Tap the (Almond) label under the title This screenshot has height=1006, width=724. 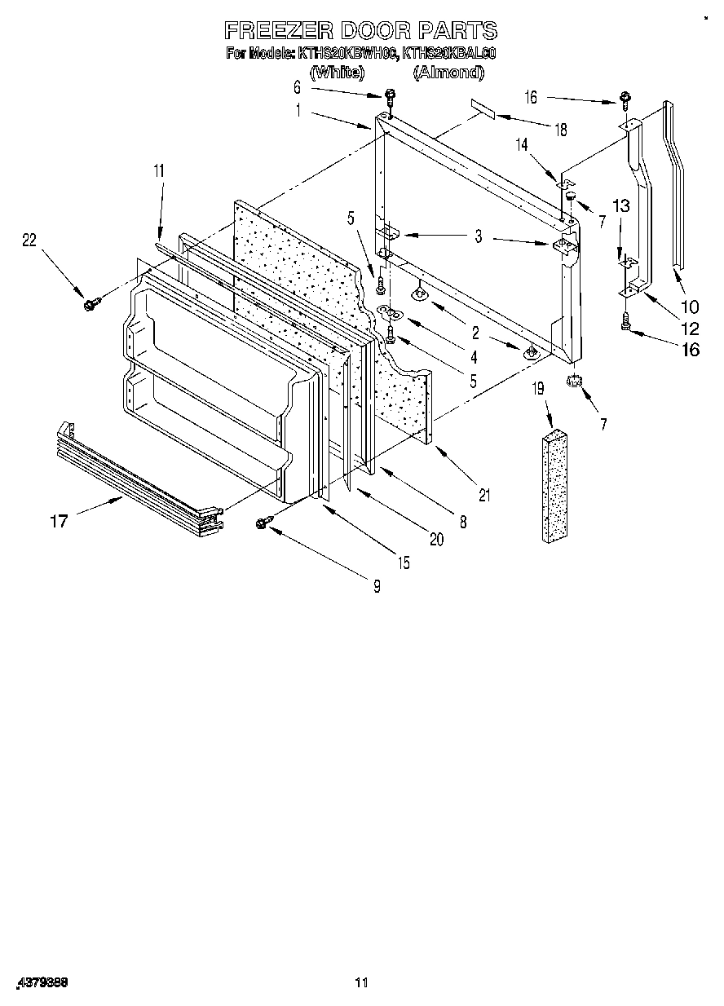pos(448,73)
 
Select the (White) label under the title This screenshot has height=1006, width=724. pos(337,73)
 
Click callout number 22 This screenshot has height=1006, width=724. pos(29,239)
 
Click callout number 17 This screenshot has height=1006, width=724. pos(59,520)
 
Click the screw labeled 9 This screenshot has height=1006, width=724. pos(264,523)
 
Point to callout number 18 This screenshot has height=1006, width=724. pos(560,129)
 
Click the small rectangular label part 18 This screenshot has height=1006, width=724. pos(482,109)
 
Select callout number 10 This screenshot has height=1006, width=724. pos(689,307)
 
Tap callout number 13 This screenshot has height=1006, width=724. pos(620,206)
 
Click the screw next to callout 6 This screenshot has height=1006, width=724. pos(390,96)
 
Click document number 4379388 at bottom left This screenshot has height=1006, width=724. pos(40,983)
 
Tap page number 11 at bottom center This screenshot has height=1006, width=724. pos(362,983)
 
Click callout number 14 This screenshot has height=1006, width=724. pos(522,144)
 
